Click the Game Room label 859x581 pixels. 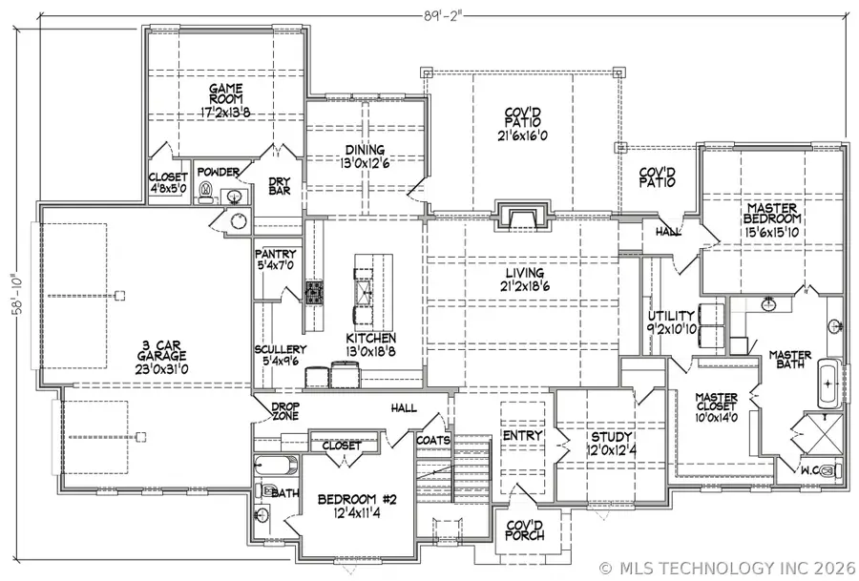click(x=226, y=93)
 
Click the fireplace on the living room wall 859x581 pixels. click(x=521, y=218)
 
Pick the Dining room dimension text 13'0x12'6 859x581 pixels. click(x=365, y=162)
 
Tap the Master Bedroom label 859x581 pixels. click(x=773, y=213)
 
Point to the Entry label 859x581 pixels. click(x=522, y=436)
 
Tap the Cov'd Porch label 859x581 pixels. click(x=525, y=529)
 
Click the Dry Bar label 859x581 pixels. click(x=279, y=185)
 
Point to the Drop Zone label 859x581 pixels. click(x=280, y=411)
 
